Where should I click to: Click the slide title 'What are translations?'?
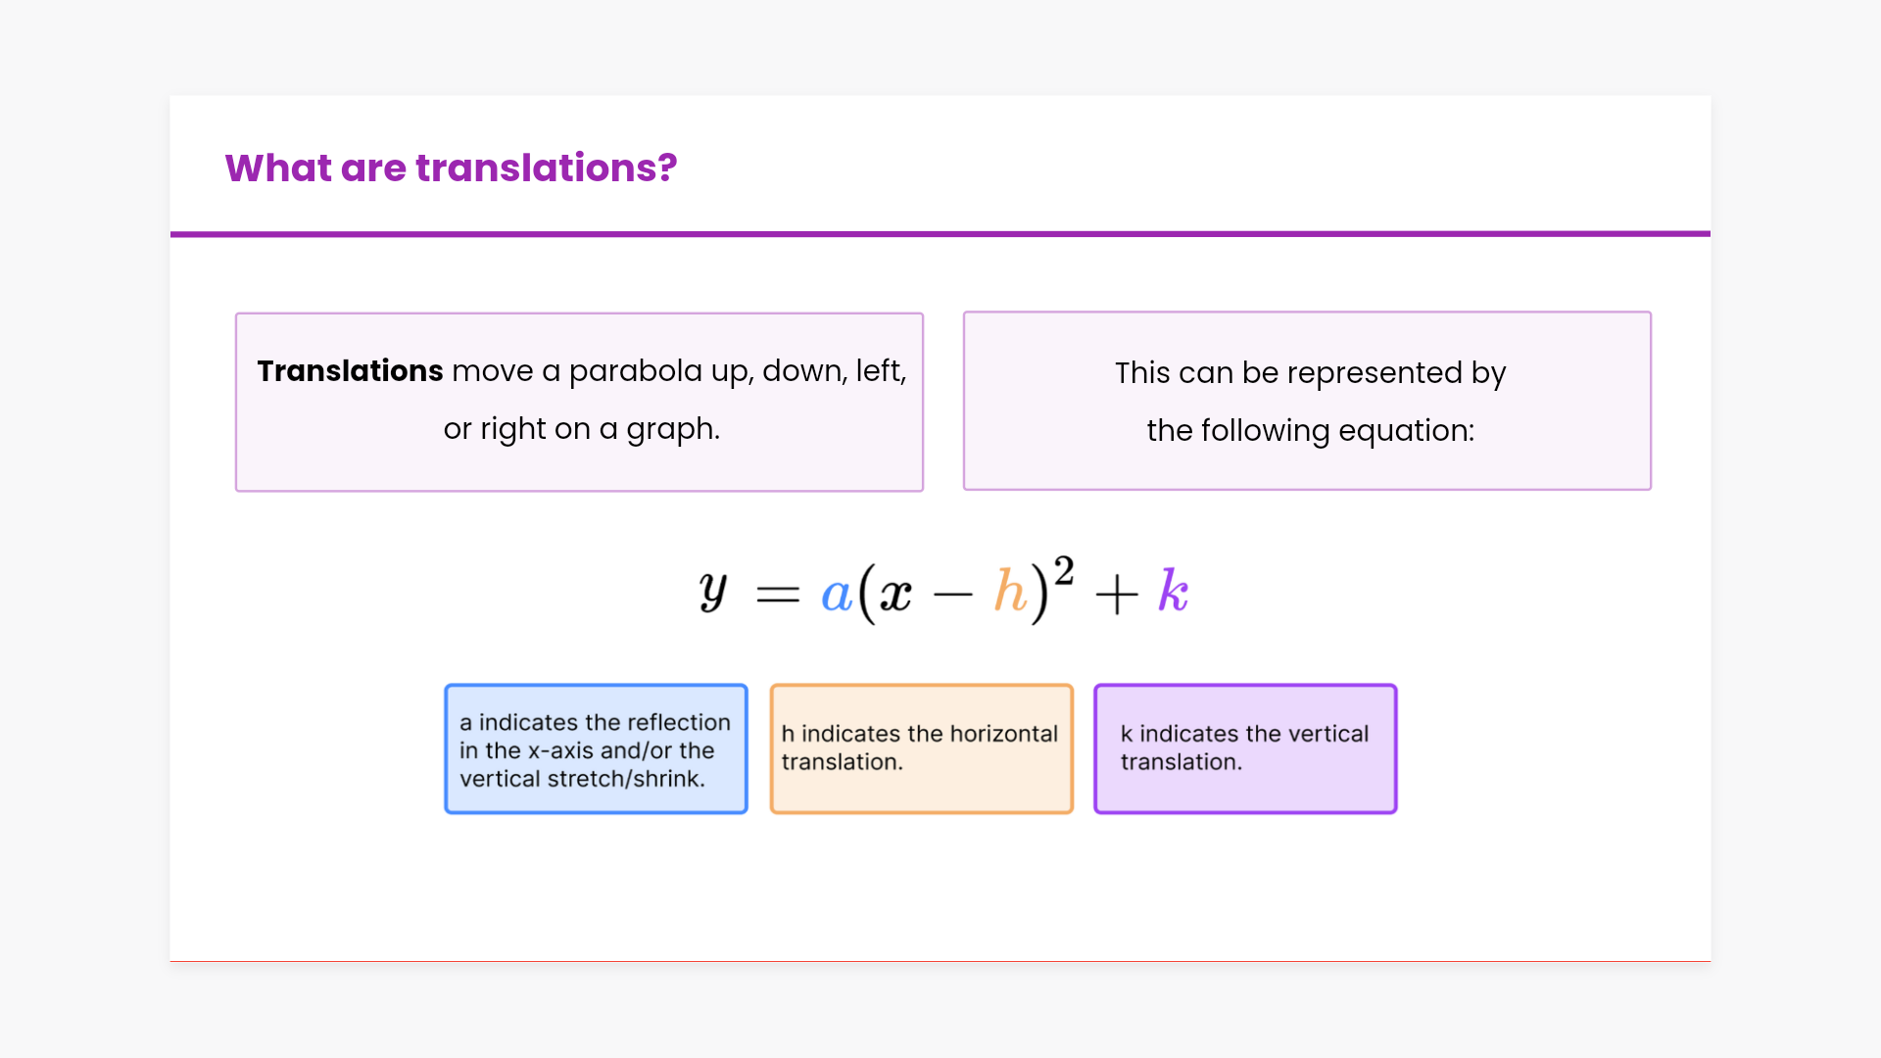click(x=451, y=168)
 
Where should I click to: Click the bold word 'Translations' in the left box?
click(x=350, y=371)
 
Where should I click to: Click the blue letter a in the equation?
click(x=836, y=595)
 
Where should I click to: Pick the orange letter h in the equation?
click(x=1010, y=591)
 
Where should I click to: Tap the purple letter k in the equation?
click(x=1173, y=591)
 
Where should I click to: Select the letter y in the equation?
click(x=713, y=592)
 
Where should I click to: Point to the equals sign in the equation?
click(x=778, y=594)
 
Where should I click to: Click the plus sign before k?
click(x=1117, y=594)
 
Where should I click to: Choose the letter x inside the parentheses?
click(x=895, y=595)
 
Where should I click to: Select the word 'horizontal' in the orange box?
click(x=1004, y=735)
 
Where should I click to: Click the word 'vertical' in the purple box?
click(x=1327, y=735)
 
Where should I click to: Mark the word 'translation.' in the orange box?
click(x=842, y=763)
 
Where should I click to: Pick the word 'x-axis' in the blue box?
click(x=560, y=751)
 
